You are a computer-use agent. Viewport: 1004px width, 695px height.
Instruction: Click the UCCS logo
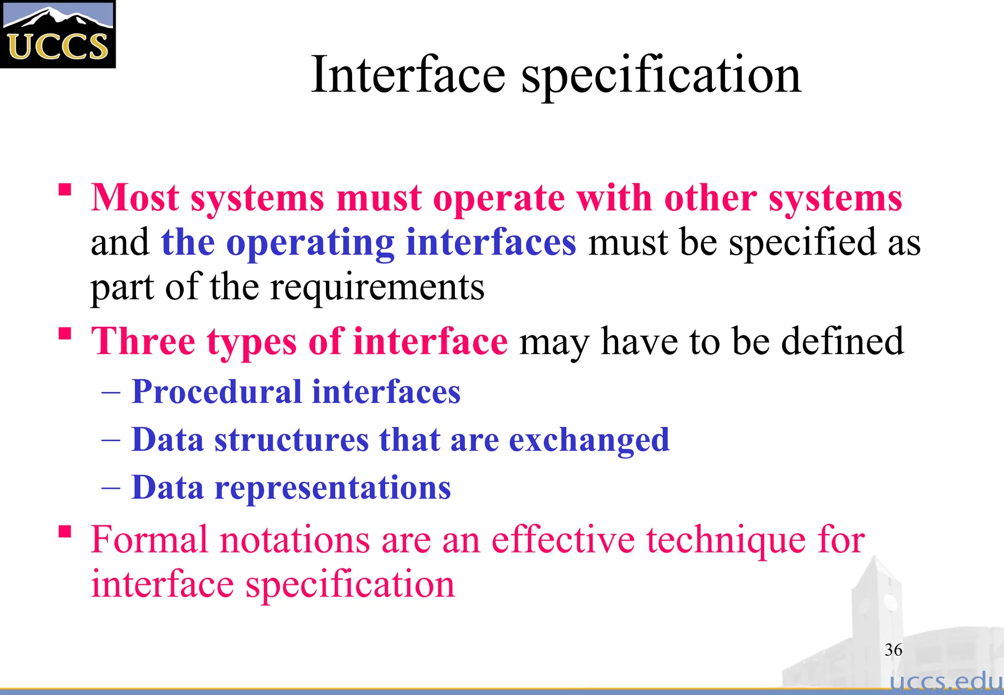[x=57, y=34]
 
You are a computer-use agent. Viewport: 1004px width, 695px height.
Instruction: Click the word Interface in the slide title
[x=408, y=74]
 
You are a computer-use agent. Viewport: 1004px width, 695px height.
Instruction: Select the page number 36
[x=893, y=650]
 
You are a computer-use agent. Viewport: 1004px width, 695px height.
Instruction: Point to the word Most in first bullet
[x=135, y=198]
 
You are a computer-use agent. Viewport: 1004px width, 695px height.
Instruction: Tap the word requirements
[x=377, y=288]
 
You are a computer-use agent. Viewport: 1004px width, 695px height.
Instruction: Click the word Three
[x=144, y=341]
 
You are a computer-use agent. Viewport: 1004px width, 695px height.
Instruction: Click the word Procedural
[x=217, y=392]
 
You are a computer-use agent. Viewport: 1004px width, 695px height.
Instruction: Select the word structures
[x=291, y=440]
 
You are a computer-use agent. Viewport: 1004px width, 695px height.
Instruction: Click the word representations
[x=333, y=488]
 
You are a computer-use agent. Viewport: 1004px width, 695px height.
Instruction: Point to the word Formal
[x=150, y=540]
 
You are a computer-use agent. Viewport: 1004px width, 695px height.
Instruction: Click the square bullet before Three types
[x=65, y=334]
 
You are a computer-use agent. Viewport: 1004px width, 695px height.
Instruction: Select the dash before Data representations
[x=111, y=488]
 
